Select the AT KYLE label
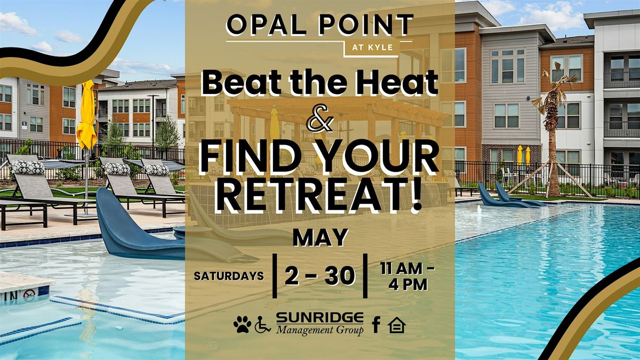(372, 47)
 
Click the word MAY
(321, 237)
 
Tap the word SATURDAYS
(229, 276)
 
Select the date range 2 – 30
(320, 276)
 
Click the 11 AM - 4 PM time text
(407, 277)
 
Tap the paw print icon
(243, 324)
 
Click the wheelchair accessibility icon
(262, 325)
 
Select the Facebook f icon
(376, 325)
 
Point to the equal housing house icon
(397, 325)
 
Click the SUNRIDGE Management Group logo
(320, 324)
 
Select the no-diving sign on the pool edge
(29, 293)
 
